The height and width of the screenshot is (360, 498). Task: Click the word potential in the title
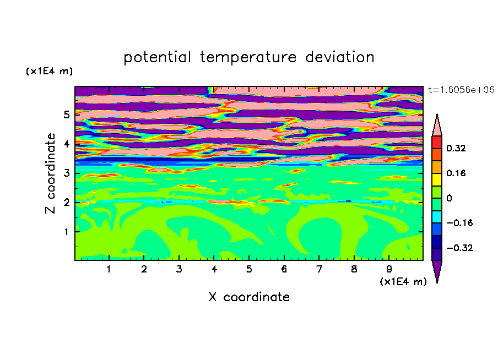pos(157,57)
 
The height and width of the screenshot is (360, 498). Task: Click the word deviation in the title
pos(340,57)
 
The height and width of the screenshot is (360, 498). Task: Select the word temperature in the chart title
pos(248,58)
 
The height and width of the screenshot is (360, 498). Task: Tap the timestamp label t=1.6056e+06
pos(461,90)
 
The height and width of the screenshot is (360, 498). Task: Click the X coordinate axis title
pos(249,297)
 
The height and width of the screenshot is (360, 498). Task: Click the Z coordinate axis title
pos(51,173)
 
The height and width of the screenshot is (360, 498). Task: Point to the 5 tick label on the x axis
pos(249,269)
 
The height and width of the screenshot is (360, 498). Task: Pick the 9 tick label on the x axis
pos(389,269)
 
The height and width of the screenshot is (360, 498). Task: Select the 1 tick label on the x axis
pos(109,269)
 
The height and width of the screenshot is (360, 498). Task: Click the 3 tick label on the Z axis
pos(66,173)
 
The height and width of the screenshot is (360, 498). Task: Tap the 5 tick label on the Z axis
pos(66,114)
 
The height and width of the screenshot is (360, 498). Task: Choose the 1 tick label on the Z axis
pos(66,232)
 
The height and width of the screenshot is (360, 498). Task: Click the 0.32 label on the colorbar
pos(456,148)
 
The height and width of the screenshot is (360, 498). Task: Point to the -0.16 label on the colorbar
pos(459,223)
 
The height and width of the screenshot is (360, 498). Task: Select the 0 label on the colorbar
pos(449,198)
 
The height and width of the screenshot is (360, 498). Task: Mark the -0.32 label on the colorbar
pos(459,248)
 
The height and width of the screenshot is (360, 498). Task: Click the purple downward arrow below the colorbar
pos(437,270)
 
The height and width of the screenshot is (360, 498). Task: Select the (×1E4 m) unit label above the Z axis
pos(49,71)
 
